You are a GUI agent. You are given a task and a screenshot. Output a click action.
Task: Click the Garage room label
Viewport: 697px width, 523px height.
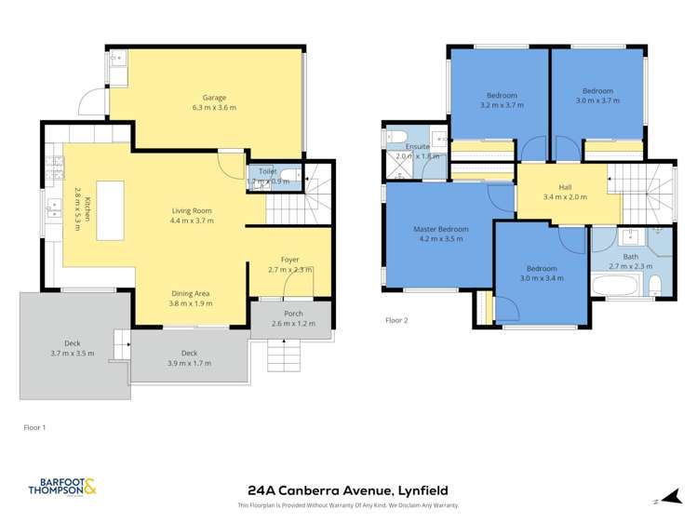(x=214, y=98)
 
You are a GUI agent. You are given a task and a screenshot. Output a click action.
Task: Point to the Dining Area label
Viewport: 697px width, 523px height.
(x=190, y=292)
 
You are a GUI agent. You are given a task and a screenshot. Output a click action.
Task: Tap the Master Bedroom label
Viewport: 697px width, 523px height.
(x=440, y=229)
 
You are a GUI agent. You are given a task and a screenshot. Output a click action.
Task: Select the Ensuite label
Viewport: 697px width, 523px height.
(x=418, y=146)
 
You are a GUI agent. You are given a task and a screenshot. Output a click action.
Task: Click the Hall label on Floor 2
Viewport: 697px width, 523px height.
(x=565, y=187)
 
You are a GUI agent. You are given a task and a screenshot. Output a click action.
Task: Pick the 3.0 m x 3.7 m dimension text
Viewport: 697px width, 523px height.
(x=597, y=101)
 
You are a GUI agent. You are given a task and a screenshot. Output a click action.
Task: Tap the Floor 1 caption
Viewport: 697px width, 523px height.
(x=34, y=427)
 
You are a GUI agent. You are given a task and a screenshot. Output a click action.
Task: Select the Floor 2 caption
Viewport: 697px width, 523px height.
(x=397, y=320)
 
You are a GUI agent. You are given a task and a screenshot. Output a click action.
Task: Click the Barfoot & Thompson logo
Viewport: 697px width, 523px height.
(x=62, y=486)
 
